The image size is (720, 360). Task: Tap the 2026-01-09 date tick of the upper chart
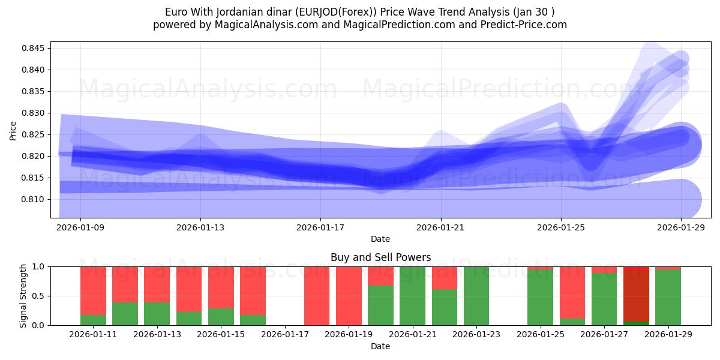click(x=80, y=228)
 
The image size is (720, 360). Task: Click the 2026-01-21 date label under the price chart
click(x=441, y=228)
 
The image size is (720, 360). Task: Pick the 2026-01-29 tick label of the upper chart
click(x=681, y=228)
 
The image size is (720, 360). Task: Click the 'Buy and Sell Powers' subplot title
click(x=380, y=257)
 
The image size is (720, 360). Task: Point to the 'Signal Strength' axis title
click(x=24, y=295)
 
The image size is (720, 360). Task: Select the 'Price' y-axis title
click(x=13, y=130)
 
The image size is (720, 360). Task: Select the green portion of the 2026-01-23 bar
click(x=476, y=296)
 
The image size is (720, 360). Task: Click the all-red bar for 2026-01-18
click(x=317, y=296)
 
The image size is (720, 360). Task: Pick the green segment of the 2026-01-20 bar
click(x=380, y=305)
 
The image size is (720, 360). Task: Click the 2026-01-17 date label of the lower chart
click(x=285, y=334)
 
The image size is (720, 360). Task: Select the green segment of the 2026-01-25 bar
click(x=541, y=298)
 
